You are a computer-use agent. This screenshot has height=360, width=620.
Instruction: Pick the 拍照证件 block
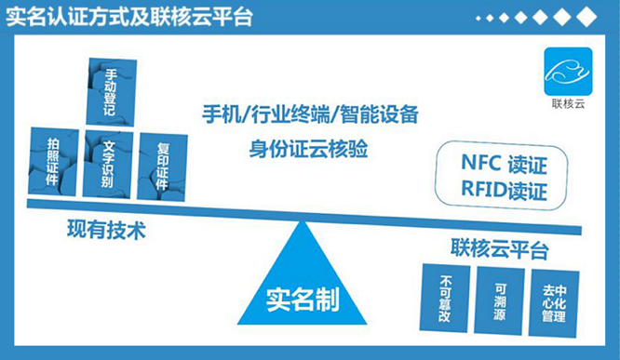[x=56, y=163]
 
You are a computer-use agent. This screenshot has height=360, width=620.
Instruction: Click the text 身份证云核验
[x=309, y=148]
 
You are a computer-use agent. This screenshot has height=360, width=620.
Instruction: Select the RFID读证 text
[x=503, y=191]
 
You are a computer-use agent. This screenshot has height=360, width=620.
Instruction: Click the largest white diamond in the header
[x=586, y=18]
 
